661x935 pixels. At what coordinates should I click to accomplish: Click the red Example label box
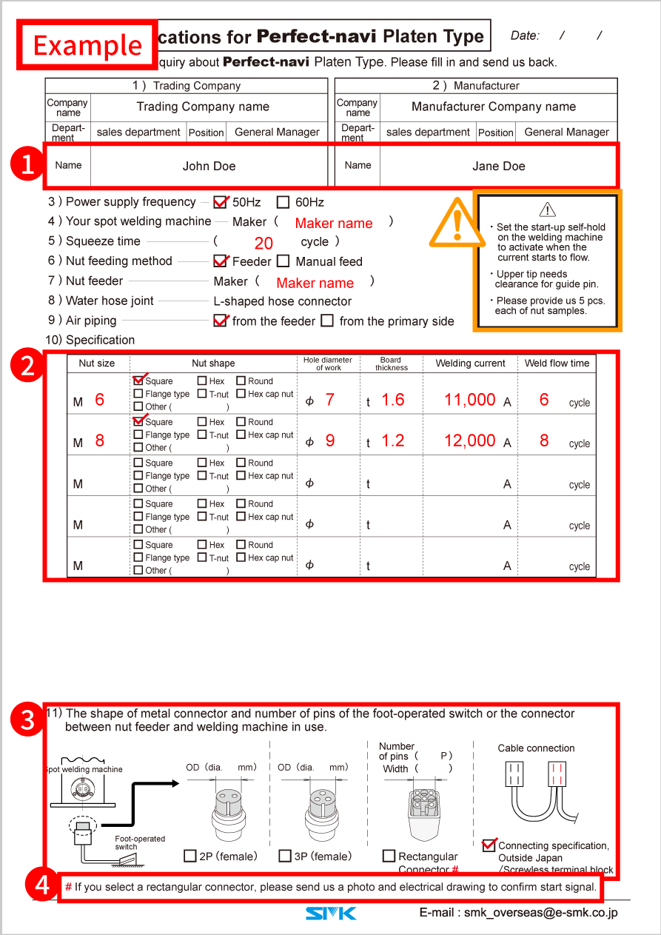point(87,45)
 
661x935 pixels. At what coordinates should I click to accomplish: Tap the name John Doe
point(209,166)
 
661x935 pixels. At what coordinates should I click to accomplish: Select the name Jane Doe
point(498,166)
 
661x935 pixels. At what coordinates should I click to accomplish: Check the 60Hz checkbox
point(283,202)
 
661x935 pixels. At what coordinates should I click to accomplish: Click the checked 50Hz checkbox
point(220,202)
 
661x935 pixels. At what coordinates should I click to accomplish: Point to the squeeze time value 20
point(264,243)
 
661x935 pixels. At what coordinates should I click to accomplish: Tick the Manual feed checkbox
point(283,261)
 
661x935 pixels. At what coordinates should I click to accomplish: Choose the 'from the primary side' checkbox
point(327,321)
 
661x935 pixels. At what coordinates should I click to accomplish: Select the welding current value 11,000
point(469,400)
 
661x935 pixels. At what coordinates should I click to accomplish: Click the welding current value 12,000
point(469,440)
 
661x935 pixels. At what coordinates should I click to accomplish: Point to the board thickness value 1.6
point(392,400)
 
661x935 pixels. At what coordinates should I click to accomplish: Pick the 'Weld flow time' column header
point(557,363)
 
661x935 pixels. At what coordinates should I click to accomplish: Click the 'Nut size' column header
point(97,363)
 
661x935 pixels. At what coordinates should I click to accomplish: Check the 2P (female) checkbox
point(190,856)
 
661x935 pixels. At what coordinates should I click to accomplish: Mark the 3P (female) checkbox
point(285,856)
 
